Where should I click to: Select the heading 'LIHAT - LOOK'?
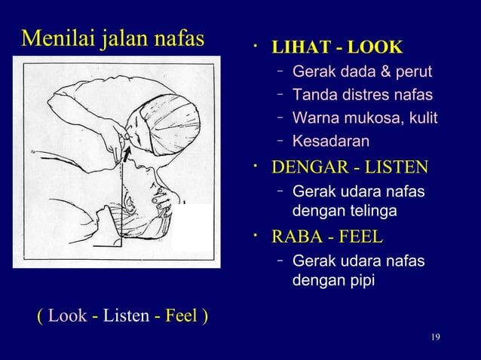click(336, 49)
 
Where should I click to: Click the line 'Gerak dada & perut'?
click(362, 72)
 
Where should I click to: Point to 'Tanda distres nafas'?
click(362, 96)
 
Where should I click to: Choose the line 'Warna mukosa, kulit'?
click(364, 118)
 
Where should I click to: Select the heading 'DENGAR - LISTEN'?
click(349, 166)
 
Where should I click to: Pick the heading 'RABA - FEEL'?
click(326, 238)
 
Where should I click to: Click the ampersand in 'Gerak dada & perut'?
click(394, 72)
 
